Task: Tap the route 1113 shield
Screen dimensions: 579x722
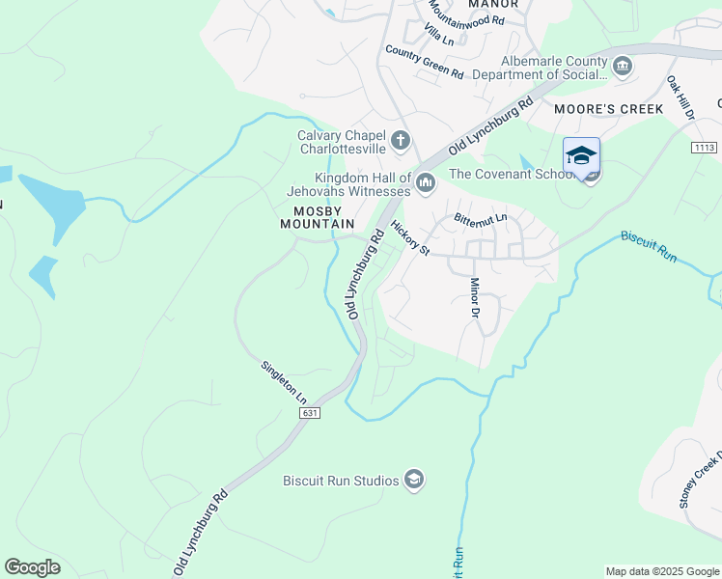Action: (705, 147)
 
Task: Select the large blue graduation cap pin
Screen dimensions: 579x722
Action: (582, 156)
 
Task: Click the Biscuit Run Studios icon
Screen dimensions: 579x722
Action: (414, 481)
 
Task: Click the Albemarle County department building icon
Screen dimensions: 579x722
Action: (623, 66)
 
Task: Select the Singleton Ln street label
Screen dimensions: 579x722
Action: (284, 382)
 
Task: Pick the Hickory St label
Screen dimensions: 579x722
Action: (410, 237)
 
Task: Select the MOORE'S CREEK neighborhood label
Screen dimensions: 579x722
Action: (609, 109)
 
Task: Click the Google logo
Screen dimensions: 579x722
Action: (33, 566)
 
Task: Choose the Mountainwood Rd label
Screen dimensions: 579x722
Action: (465, 13)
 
